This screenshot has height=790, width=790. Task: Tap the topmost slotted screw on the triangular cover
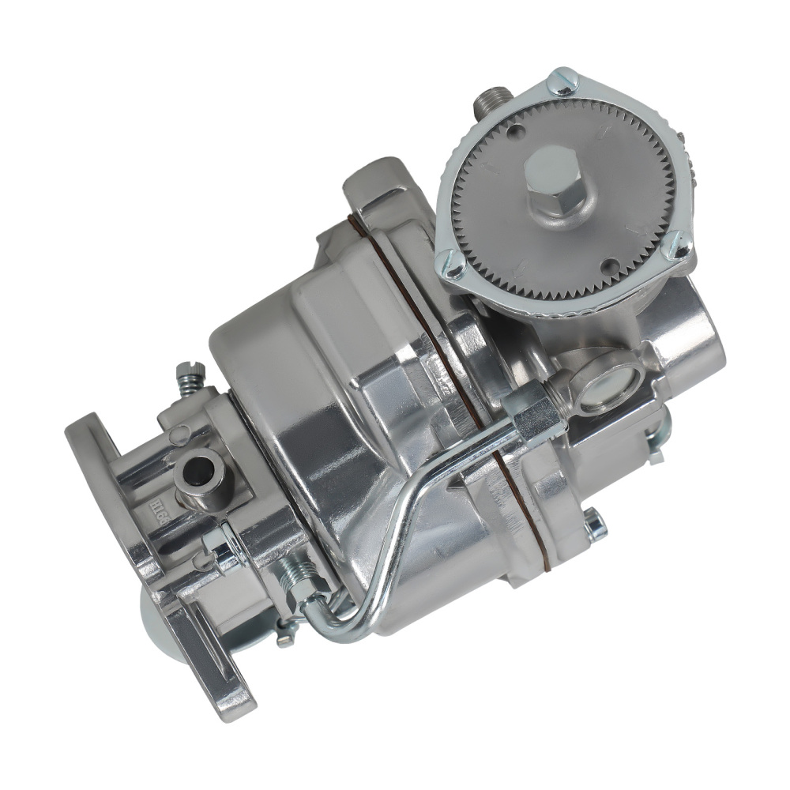[562, 82]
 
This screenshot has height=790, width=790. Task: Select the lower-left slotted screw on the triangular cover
[453, 267]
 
